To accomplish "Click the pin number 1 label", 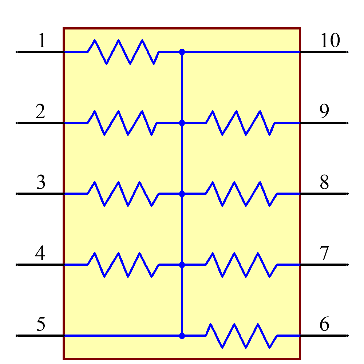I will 42,41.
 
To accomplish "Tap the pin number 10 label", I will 330,41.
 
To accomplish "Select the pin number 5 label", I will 41,324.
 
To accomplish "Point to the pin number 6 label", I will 324,324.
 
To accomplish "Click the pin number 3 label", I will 41,182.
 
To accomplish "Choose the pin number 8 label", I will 324,182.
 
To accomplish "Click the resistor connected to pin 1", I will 124,52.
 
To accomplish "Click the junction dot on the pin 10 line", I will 182,52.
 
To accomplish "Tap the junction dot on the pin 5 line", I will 182,336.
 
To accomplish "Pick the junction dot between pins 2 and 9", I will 182,123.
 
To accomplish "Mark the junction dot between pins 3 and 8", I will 182,194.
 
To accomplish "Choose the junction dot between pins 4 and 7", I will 182,265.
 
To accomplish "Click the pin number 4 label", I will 40,253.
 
